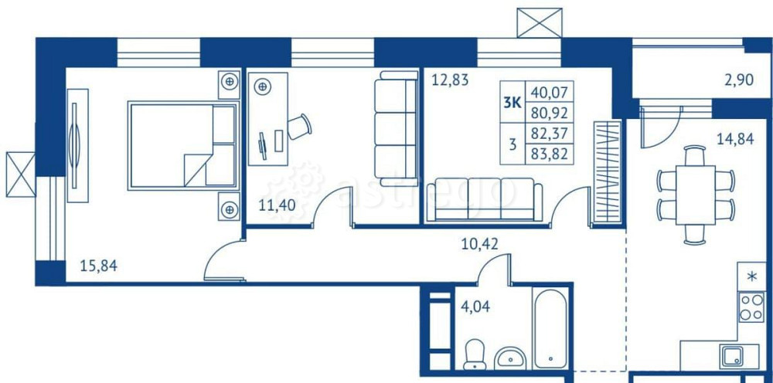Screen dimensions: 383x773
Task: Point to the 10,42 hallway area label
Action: pyautogui.click(x=479, y=246)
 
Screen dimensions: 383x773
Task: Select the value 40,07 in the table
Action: pyautogui.click(x=550, y=93)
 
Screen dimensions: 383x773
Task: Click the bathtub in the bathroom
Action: pyautogui.click(x=550, y=327)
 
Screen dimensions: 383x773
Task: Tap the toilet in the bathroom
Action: pyautogui.click(x=472, y=354)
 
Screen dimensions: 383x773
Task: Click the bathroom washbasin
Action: pyautogui.click(x=509, y=358)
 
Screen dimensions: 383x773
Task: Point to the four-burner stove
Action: pyautogui.click(x=751, y=307)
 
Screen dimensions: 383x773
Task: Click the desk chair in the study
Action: pyautogui.click(x=298, y=126)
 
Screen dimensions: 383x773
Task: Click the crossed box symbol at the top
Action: pyautogui.click(x=540, y=22)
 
